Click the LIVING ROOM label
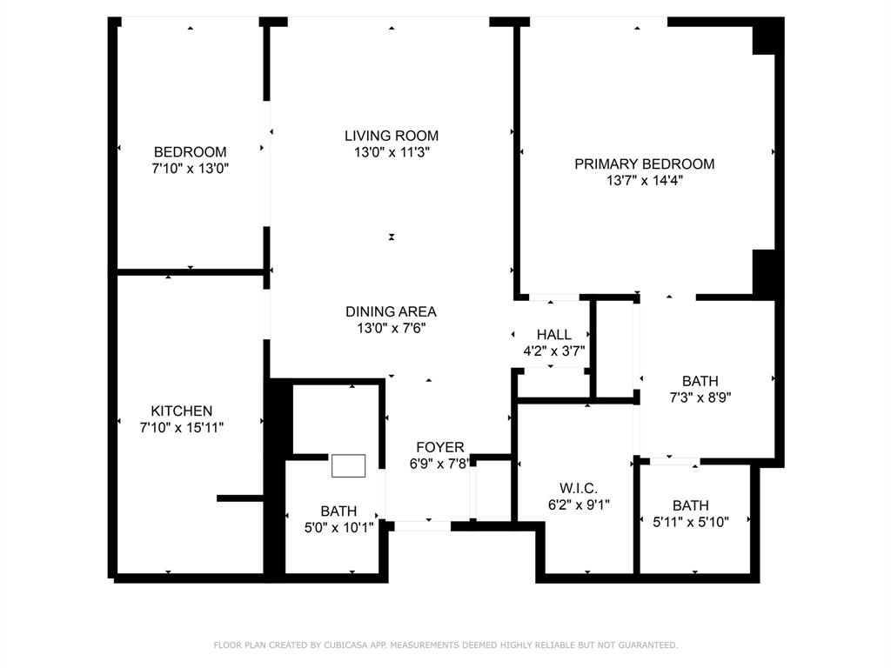(391, 136)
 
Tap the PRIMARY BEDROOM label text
(644, 164)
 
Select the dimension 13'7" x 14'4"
(644, 181)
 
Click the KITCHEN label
(181, 411)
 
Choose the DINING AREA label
(391, 311)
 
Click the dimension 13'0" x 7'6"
(391, 328)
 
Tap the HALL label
(553, 335)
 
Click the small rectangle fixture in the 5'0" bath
(348, 466)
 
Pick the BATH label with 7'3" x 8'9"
(700, 381)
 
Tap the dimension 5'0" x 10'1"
(338, 526)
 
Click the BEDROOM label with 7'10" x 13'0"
(190, 151)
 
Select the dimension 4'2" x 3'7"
(553, 351)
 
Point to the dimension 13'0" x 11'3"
(391, 152)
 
